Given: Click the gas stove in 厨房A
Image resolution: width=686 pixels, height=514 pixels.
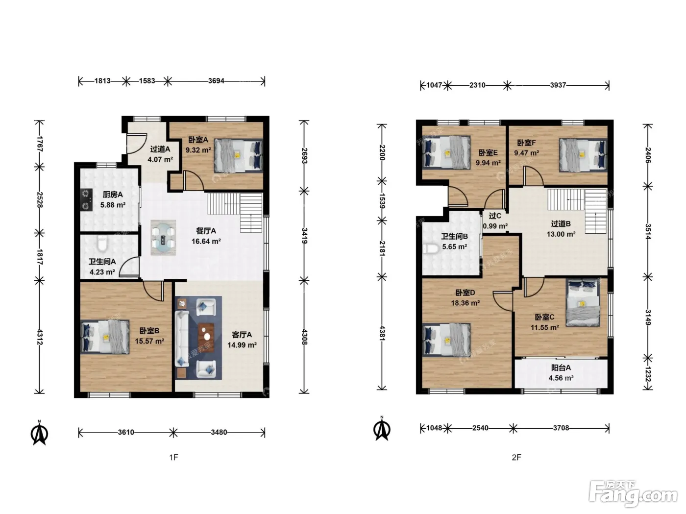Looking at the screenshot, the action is pyautogui.click(x=86, y=199).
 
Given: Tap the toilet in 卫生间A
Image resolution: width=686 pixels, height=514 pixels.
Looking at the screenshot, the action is pyautogui.click(x=102, y=244).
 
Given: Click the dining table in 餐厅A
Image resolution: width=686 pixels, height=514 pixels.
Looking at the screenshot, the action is pyautogui.click(x=163, y=238).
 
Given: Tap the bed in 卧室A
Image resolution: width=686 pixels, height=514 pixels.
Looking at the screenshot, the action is pyautogui.click(x=239, y=155).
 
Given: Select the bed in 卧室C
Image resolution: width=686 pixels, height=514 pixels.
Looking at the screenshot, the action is pyautogui.click(x=583, y=303).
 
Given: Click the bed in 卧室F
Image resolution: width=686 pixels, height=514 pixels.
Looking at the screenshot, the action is pyautogui.click(x=583, y=155).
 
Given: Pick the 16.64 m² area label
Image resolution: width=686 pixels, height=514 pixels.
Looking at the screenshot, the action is pyautogui.click(x=206, y=242).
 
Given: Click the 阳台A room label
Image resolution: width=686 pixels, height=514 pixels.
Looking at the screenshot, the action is pyautogui.click(x=561, y=368).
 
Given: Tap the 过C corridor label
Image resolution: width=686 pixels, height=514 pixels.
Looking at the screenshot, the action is pyautogui.click(x=495, y=216).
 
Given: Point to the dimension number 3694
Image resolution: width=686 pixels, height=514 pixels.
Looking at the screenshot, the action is pyautogui.click(x=216, y=81).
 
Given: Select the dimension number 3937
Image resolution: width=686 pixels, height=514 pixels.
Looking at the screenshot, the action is pyautogui.click(x=558, y=85).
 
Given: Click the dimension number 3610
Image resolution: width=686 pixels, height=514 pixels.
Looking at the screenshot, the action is pyautogui.click(x=126, y=432).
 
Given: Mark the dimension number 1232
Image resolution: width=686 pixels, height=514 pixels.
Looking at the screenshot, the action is pyautogui.click(x=647, y=374).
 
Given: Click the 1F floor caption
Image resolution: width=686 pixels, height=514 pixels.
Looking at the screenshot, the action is pyautogui.click(x=174, y=458).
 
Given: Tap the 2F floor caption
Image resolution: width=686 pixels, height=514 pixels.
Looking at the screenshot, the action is pyautogui.click(x=516, y=458).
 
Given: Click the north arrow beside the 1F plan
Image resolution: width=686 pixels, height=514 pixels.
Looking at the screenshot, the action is pyautogui.click(x=39, y=433).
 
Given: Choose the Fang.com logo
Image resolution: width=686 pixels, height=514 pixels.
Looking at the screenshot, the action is pyautogui.click(x=633, y=493).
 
